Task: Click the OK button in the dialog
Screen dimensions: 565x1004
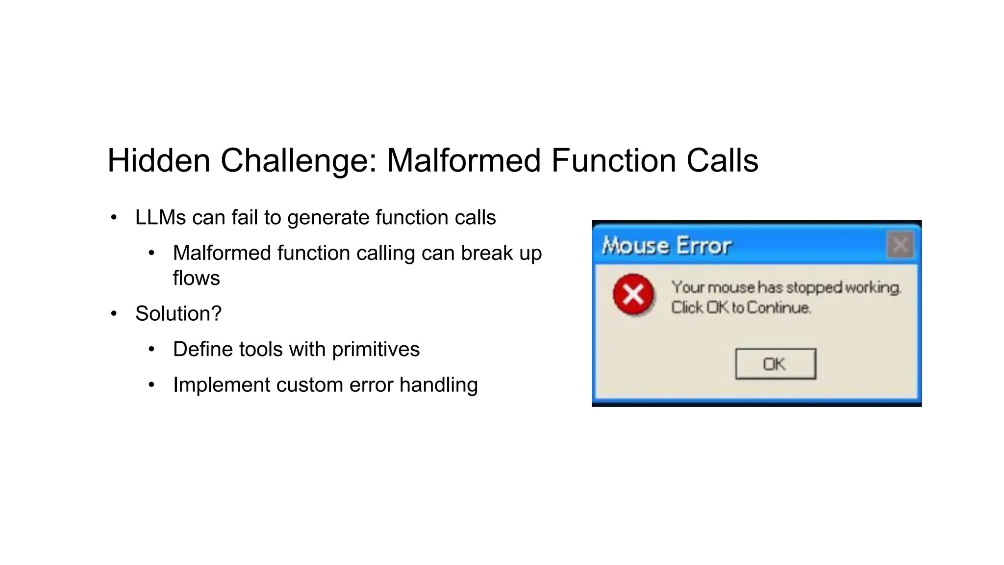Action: (775, 364)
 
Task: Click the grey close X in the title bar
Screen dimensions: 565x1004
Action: (900, 245)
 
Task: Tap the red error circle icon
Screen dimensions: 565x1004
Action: (633, 295)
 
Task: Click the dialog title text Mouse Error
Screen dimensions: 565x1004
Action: (666, 246)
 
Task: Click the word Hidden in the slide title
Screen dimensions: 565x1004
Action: (158, 160)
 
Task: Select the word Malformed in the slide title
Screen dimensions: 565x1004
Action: (463, 160)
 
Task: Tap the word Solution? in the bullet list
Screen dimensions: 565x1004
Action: (178, 313)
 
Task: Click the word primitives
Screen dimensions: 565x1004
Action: (376, 349)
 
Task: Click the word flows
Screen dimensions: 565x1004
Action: (196, 278)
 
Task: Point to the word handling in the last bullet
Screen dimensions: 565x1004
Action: (438, 385)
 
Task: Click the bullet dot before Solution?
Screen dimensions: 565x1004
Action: (114, 314)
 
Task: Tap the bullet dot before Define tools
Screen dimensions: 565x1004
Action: (151, 350)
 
